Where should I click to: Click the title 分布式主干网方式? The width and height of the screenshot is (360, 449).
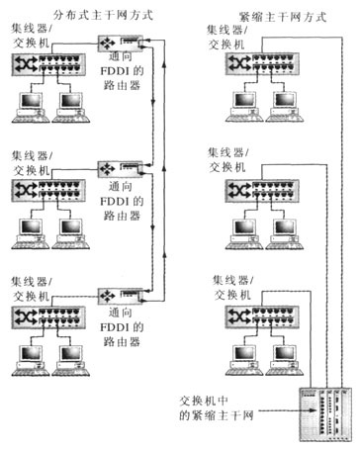(103, 15)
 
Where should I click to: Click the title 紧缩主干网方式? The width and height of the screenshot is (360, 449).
(283, 17)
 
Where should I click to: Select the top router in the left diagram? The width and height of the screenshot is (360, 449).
(121, 44)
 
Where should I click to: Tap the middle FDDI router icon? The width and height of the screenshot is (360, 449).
(121, 169)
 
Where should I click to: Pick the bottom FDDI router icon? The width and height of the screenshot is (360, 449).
(121, 296)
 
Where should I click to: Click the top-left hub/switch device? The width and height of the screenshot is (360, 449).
(48, 64)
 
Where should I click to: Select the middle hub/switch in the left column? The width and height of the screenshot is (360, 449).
(48, 191)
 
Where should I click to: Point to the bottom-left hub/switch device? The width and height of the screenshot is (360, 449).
(48, 317)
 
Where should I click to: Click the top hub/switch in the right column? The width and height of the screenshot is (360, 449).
(262, 63)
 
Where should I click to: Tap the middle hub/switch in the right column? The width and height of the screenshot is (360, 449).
(262, 191)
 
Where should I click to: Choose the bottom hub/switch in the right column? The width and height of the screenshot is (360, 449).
(262, 317)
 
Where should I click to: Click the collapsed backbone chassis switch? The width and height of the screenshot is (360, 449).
(325, 414)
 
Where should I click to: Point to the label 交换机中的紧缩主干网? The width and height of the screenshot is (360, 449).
(217, 408)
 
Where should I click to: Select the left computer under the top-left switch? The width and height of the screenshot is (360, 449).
(31, 108)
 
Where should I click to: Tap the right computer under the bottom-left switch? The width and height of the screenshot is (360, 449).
(71, 361)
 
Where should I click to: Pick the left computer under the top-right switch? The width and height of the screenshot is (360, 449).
(244, 107)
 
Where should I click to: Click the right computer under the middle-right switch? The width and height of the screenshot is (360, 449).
(285, 234)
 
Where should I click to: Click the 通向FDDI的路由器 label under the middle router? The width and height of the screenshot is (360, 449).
(121, 201)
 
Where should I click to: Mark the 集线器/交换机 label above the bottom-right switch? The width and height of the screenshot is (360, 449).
(232, 288)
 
